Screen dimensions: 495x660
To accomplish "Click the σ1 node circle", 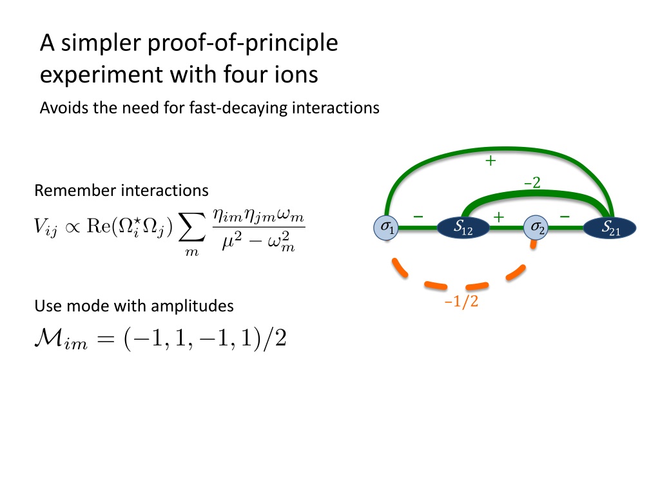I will [x=387, y=227].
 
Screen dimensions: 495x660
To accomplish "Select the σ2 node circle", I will [x=536, y=227].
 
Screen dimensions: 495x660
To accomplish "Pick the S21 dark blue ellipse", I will [x=610, y=227].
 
